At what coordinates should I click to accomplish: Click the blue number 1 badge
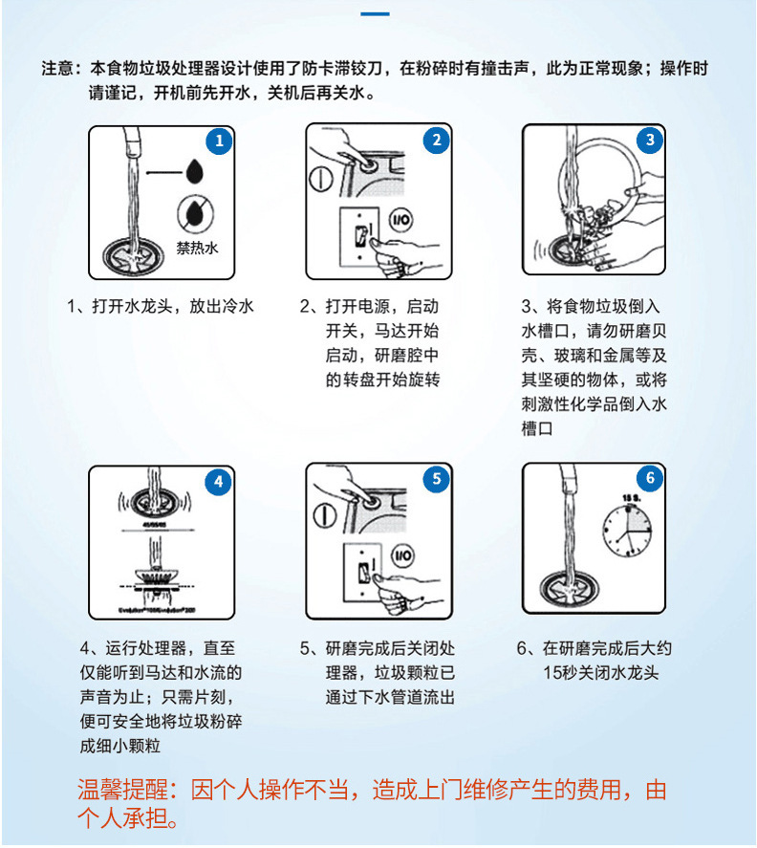click(219, 141)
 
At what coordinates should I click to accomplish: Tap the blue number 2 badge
click(436, 141)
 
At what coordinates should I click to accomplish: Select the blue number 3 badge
click(650, 140)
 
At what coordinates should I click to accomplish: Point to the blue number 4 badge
click(218, 482)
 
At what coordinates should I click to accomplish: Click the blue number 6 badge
click(650, 478)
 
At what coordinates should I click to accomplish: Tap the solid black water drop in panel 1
click(195, 171)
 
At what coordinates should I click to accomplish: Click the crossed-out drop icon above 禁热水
click(195, 212)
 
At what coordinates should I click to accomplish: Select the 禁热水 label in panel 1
click(197, 248)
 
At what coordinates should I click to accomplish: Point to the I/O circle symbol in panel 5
click(401, 555)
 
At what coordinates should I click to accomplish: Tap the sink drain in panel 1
click(132, 256)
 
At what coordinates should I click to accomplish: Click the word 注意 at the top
click(57, 69)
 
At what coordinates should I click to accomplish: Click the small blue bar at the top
click(378, 14)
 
